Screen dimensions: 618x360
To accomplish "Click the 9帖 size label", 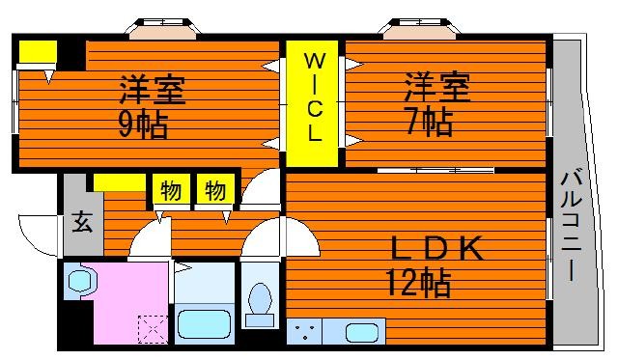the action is pyautogui.click(x=144, y=125).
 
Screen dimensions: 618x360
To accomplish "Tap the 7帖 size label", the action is pyautogui.click(x=429, y=123).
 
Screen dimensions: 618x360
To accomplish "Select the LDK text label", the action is pyautogui.click(x=436, y=248).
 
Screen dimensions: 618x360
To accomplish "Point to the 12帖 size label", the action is pyautogui.click(x=418, y=283).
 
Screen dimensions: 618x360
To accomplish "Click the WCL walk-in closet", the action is pyautogui.click(x=312, y=103).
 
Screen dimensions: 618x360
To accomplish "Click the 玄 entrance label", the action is pyautogui.click(x=82, y=222).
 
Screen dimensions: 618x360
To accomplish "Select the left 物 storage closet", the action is pyautogui.click(x=170, y=190).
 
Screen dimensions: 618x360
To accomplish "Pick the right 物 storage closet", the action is pyautogui.click(x=215, y=190).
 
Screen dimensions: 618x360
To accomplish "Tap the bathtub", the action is pyautogui.click(x=204, y=323).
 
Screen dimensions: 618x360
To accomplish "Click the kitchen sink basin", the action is pyautogui.click(x=362, y=332).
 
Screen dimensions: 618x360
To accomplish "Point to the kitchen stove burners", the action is pyautogui.click(x=304, y=332).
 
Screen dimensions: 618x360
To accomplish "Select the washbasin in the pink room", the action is pyautogui.click(x=82, y=281).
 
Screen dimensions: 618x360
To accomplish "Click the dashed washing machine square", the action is pyautogui.click(x=153, y=329).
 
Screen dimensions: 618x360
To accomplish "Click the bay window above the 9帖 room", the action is pyautogui.click(x=163, y=29).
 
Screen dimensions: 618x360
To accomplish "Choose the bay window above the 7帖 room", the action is pyautogui.click(x=420, y=29).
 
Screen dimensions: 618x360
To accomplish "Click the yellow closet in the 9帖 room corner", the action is pyautogui.click(x=38, y=51).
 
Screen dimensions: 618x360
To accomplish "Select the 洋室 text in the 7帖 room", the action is pyautogui.click(x=437, y=87).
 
